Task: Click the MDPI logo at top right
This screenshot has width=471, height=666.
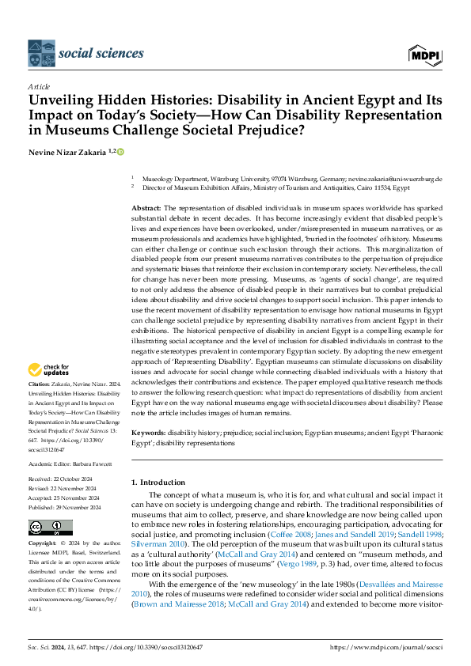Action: pyautogui.click(x=425, y=54)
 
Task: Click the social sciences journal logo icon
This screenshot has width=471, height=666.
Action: pyautogui.click(x=40, y=54)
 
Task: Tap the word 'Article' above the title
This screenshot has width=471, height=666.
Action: pyautogui.click(x=38, y=85)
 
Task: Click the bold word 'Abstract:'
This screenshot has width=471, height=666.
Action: pyautogui.click(x=148, y=206)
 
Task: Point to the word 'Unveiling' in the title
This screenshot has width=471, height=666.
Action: pyautogui.click(x=62, y=101)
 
